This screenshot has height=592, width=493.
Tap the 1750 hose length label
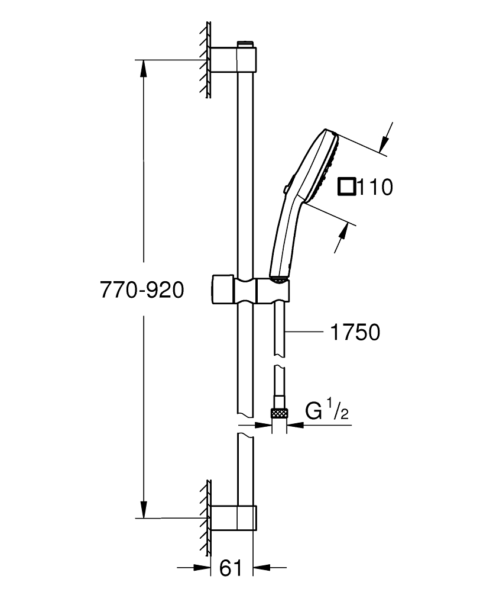(x=354, y=332)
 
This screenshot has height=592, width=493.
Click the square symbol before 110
(x=347, y=187)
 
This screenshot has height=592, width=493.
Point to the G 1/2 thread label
(x=327, y=412)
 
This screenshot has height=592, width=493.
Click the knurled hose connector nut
(x=279, y=413)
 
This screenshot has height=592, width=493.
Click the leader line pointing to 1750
(x=304, y=332)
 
